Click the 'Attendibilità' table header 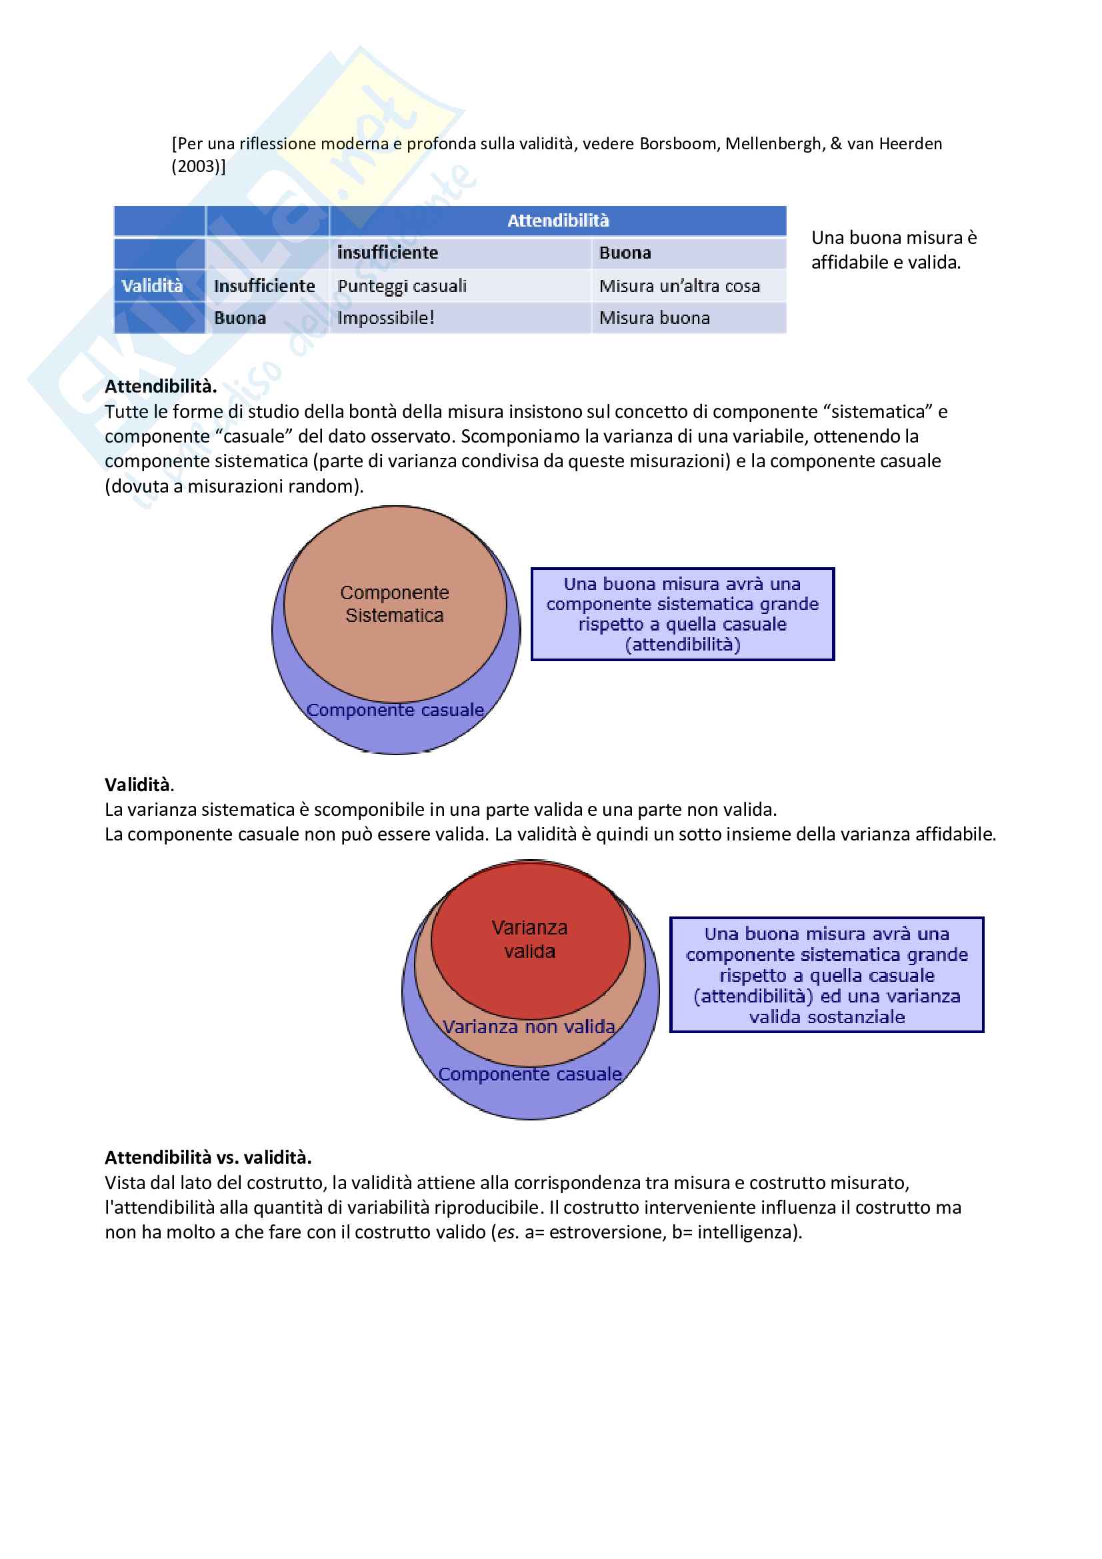coord(558,221)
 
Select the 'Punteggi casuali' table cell coord(402,286)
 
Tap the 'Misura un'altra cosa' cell coord(679,286)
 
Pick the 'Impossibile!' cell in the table coord(385,318)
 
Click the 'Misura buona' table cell coord(655,318)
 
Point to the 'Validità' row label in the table coord(152,286)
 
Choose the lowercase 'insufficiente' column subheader coord(388,253)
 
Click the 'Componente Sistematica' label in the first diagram coord(395,604)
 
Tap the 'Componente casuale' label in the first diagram coord(395,711)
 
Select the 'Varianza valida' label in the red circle coord(529,939)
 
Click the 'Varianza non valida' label coord(529,1026)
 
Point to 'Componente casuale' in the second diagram coord(530,1074)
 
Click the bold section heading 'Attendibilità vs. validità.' coord(208,1157)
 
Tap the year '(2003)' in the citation coord(197,167)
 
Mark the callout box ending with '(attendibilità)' coord(683,614)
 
